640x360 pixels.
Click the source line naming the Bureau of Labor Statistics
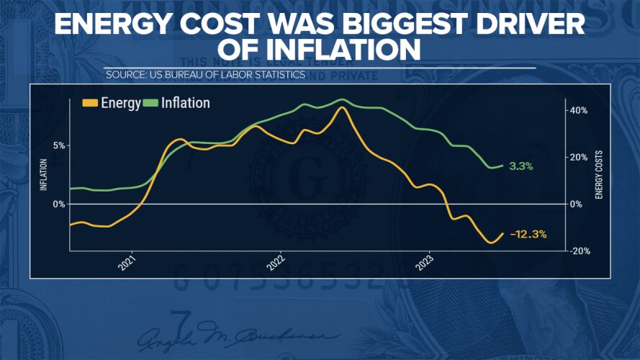click(x=205, y=75)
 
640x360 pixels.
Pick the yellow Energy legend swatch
click(x=89, y=103)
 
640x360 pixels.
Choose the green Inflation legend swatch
click(x=150, y=103)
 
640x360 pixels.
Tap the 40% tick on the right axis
click(x=579, y=110)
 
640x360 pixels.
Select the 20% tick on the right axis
click(x=579, y=157)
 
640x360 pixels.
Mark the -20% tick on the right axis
click(x=579, y=251)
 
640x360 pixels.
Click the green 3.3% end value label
click(x=520, y=166)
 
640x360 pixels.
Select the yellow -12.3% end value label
click(x=528, y=234)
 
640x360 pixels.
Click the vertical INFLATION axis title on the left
click(x=43, y=175)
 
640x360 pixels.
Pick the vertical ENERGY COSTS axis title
click(x=599, y=175)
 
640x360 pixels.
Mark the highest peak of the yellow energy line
click(x=342, y=107)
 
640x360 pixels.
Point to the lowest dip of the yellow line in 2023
click(x=492, y=243)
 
